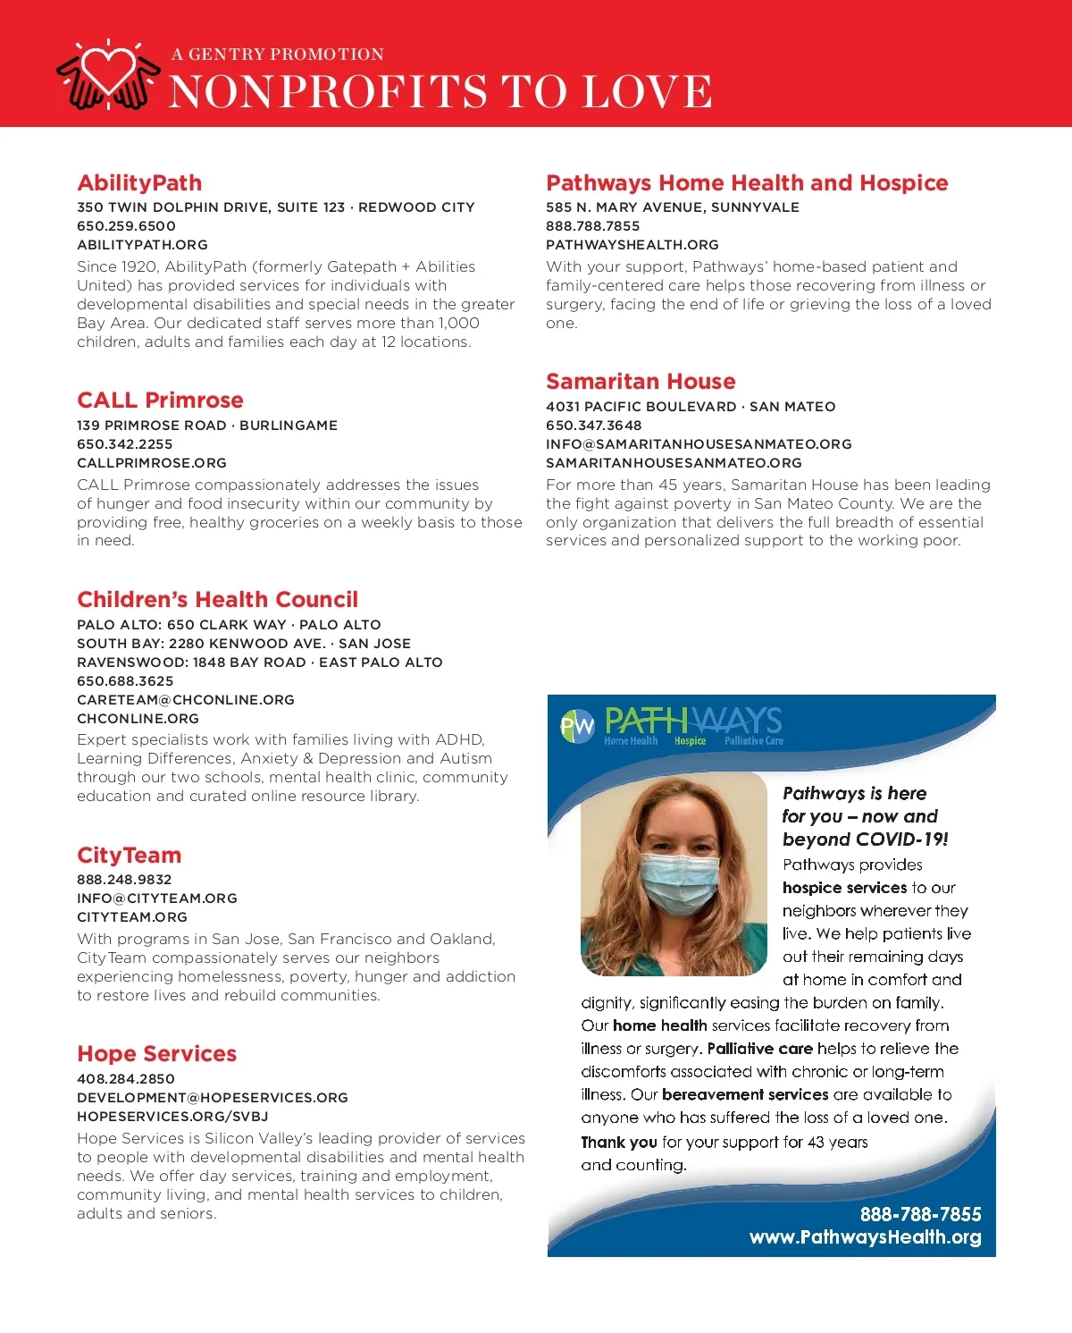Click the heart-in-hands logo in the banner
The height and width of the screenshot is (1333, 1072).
[109, 75]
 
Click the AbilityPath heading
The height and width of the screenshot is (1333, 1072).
[139, 183]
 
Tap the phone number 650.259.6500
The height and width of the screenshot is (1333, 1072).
[126, 226]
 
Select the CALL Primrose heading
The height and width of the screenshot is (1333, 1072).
[160, 401]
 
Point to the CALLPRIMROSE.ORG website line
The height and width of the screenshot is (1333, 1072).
[152, 463]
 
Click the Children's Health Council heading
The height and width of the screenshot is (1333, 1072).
[217, 600]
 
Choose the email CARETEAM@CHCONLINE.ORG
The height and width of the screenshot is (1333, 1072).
[186, 700]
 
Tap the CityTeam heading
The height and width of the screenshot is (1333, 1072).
[129, 856]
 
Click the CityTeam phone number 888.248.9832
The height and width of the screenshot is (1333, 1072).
[124, 880]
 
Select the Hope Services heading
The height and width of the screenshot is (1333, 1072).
[156, 1054]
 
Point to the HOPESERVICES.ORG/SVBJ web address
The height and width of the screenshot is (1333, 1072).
[172, 1117]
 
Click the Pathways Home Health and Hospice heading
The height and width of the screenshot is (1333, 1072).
[747, 183]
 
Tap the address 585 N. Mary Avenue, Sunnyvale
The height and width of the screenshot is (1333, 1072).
[673, 207]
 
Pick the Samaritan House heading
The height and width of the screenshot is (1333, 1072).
[641, 382]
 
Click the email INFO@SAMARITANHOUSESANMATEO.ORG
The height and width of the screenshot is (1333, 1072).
[699, 444]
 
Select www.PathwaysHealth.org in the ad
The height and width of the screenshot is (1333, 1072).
[865, 1237]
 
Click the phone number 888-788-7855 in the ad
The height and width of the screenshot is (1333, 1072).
[920, 1214]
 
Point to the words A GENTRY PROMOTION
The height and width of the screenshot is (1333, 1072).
[278, 55]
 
